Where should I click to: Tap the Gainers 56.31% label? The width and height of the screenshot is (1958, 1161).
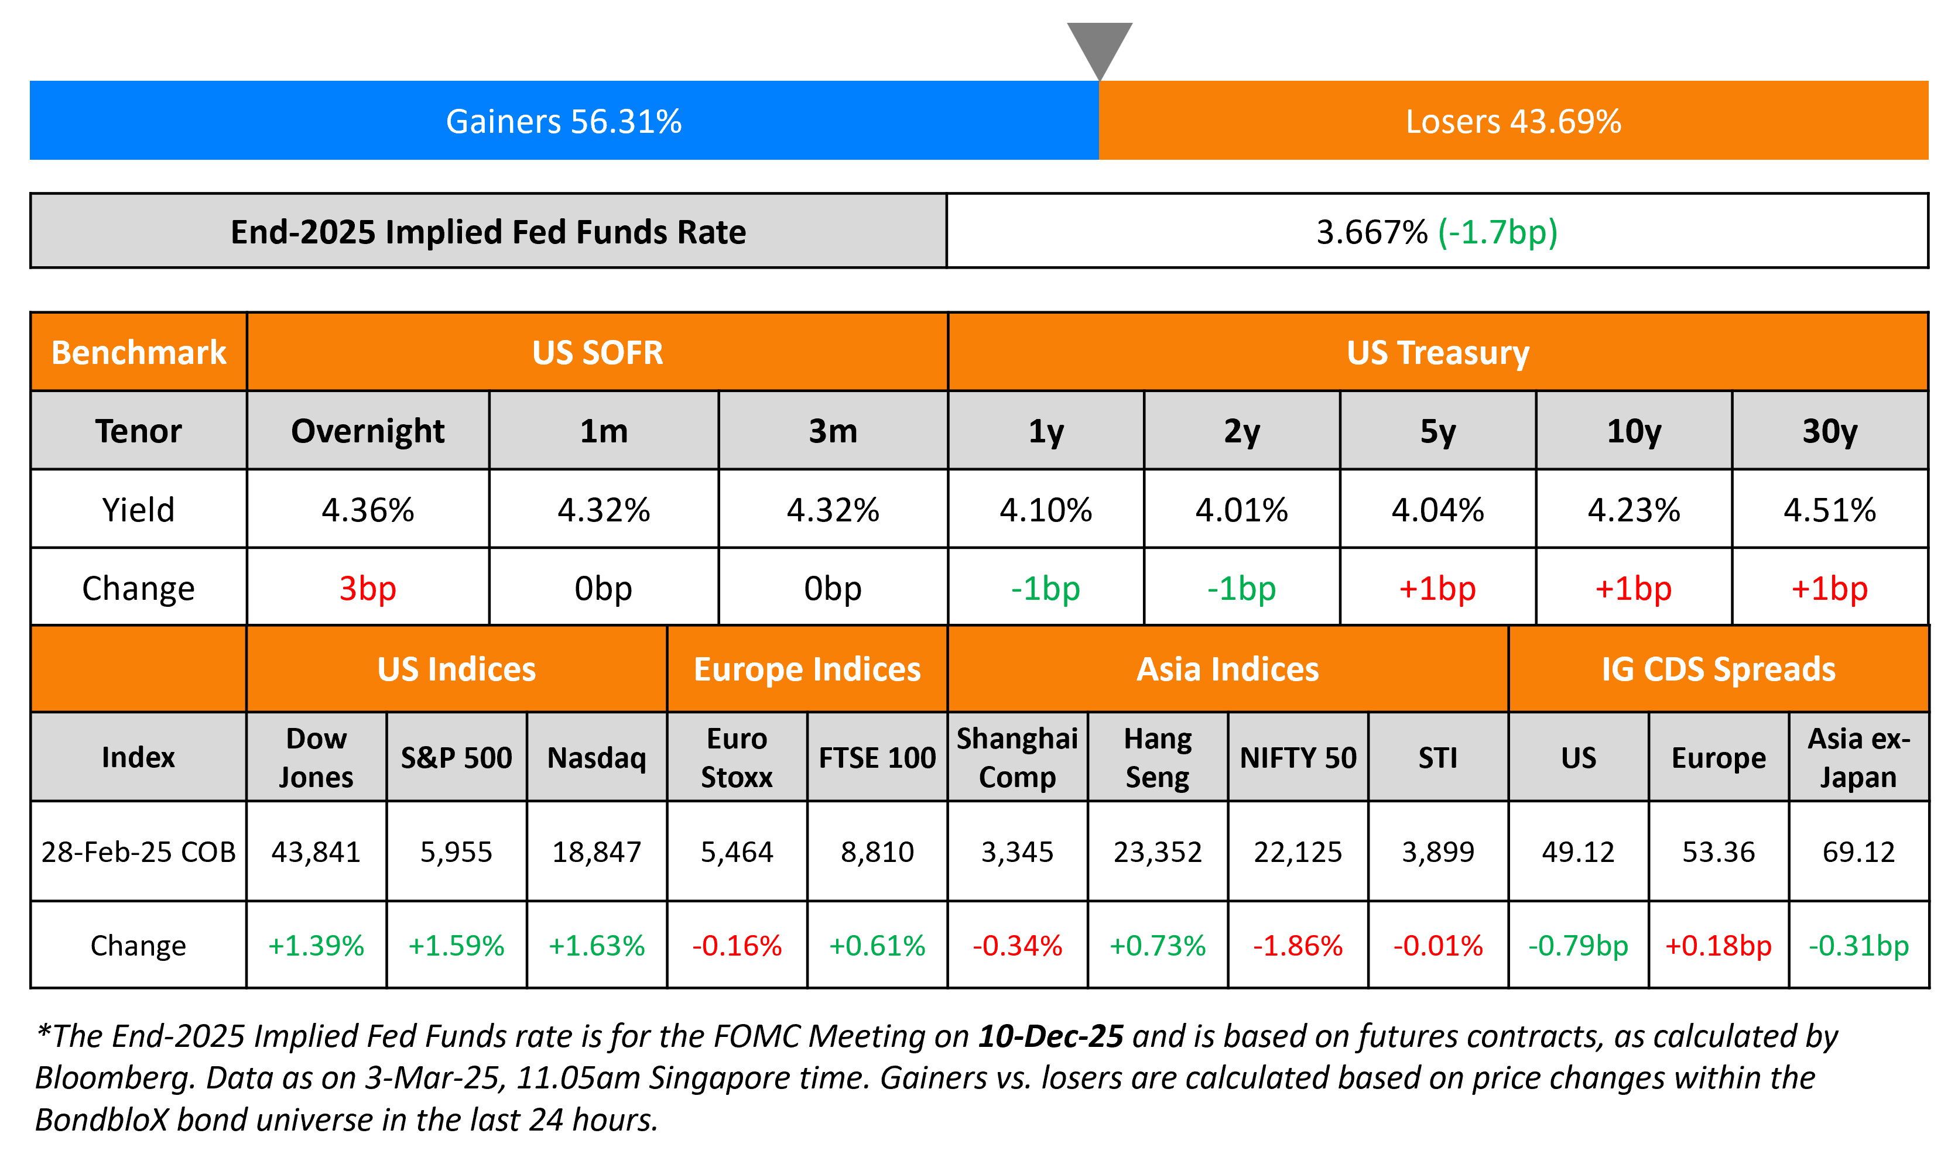point(563,121)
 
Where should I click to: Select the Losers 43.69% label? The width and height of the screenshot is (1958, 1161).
point(1513,121)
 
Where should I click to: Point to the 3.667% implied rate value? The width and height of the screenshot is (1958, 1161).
point(1371,232)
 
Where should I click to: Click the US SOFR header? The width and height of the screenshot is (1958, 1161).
point(597,353)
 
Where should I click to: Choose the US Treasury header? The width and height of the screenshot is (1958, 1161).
point(1437,353)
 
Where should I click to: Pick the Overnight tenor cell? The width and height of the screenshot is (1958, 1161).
point(368,431)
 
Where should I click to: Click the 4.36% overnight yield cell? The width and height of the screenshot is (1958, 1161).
point(368,510)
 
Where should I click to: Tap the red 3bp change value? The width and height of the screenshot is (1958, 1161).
point(368,588)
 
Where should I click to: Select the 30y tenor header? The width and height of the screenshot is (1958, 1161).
point(1830,431)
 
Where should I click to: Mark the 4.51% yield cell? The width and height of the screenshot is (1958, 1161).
point(1830,510)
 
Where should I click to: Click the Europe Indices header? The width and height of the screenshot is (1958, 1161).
point(807,669)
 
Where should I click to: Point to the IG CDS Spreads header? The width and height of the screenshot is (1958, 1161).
point(1719,669)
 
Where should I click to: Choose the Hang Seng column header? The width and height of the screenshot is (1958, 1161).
point(1158,757)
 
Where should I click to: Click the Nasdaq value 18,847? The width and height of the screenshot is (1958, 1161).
point(597,851)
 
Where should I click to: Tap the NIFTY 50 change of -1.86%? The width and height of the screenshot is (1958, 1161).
point(1298,946)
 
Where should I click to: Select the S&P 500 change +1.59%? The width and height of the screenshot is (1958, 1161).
point(456,946)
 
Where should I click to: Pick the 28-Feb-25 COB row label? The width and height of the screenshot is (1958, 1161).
point(139,851)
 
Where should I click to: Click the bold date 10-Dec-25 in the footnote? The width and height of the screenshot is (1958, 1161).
point(1050,1036)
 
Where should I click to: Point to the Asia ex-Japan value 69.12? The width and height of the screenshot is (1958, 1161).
point(1858,851)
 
